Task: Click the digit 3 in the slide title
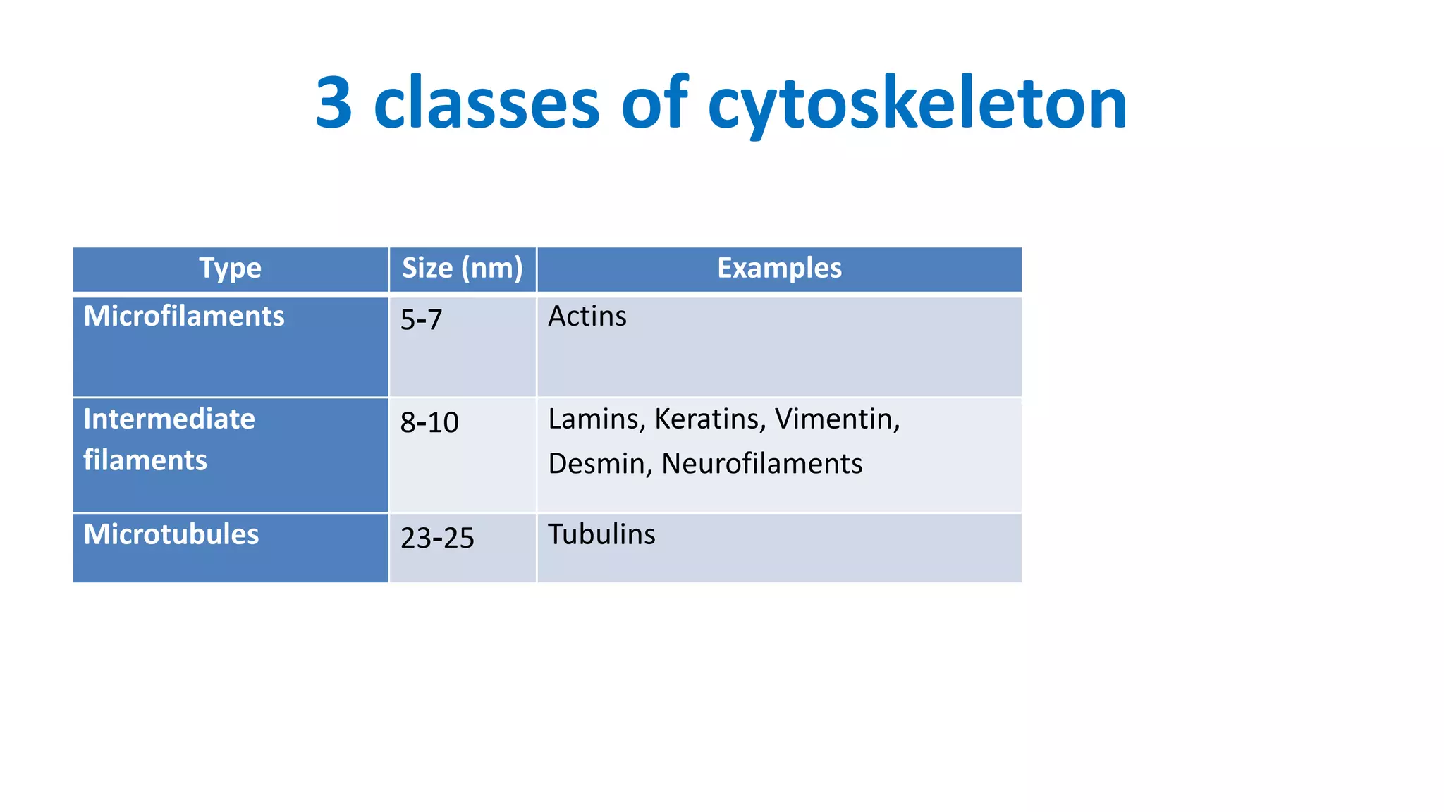(x=334, y=103)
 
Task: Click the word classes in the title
(x=487, y=103)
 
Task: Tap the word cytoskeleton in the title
(x=917, y=104)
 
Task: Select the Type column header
(x=230, y=269)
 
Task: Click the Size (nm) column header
(x=462, y=269)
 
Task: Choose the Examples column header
(x=779, y=269)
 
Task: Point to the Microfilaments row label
(x=184, y=316)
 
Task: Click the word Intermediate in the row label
(x=169, y=419)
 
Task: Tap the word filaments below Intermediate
(x=145, y=460)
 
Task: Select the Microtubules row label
(x=171, y=534)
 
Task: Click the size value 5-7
(x=421, y=320)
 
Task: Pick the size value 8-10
(x=429, y=423)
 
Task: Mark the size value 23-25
(x=437, y=539)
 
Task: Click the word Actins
(x=587, y=316)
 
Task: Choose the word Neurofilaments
(x=761, y=464)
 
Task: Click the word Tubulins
(x=601, y=534)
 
